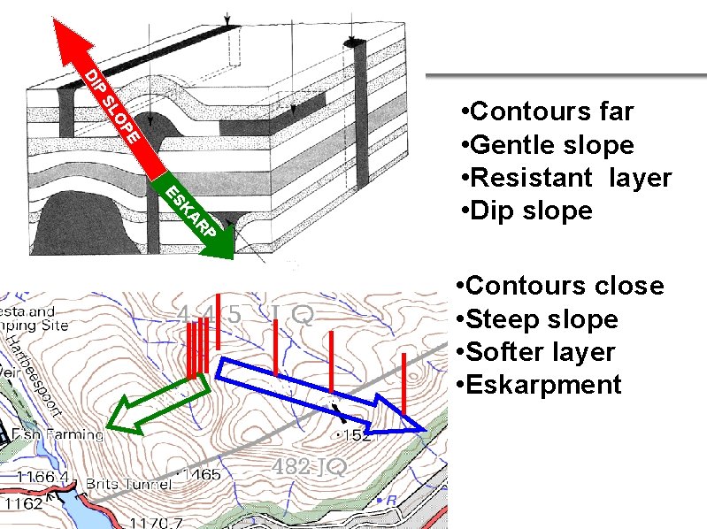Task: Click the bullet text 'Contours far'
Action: click(x=552, y=111)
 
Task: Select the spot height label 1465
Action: click(x=203, y=476)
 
